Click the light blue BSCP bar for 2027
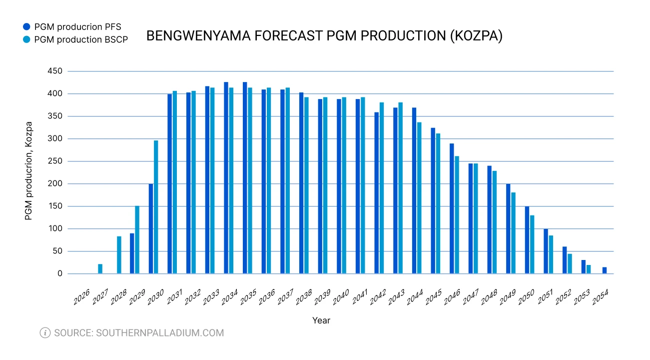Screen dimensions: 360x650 [100, 268]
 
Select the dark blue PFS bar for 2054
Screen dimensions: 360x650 [605, 270]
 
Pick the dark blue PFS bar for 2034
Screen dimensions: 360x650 [226, 177]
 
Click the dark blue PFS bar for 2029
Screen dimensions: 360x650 [132, 253]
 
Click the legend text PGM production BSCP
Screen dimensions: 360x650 [81, 40]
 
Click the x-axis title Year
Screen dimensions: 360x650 [321, 320]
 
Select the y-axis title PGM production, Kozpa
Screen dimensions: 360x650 [28, 171]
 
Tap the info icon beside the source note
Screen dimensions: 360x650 [45, 332]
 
